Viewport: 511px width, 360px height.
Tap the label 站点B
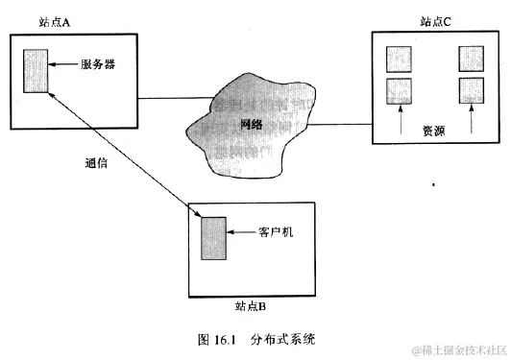pos(256,306)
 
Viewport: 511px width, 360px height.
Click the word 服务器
pos(99,65)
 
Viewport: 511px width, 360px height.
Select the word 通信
pos(95,163)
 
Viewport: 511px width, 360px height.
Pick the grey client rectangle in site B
pos(212,238)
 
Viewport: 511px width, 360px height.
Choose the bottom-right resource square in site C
pos(471,92)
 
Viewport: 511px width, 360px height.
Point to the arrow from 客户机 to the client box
pos(240,232)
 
